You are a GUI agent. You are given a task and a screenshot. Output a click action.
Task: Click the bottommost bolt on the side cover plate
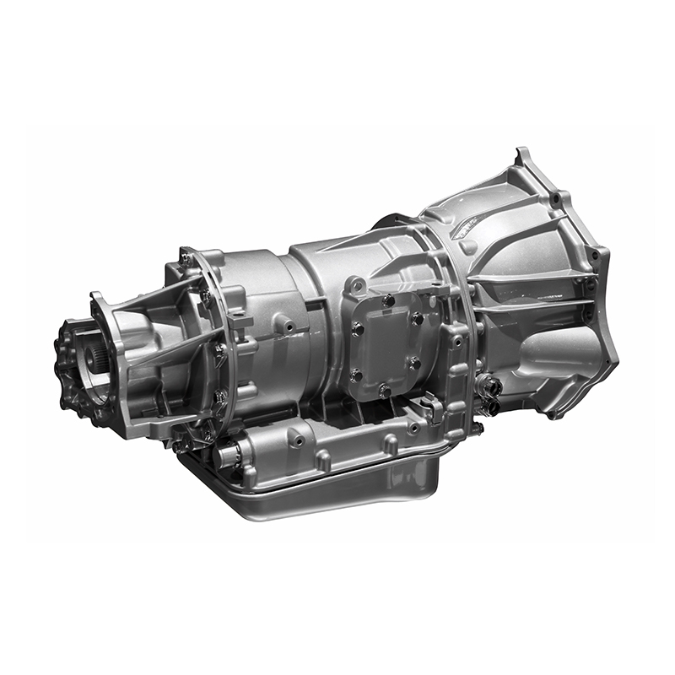[x=385, y=390]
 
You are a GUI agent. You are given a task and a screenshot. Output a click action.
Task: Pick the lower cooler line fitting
[x=489, y=406]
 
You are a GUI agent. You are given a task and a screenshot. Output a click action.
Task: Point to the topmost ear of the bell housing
[x=521, y=156]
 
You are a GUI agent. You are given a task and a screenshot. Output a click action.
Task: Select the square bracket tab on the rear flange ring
[x=239, y=321]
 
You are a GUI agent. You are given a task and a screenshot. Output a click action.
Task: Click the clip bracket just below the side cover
[x=433, y=410]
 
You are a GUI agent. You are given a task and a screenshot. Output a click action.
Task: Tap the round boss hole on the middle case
[x=289, y=324]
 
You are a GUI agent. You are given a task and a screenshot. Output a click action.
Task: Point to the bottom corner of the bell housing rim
[x=553, y=413]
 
